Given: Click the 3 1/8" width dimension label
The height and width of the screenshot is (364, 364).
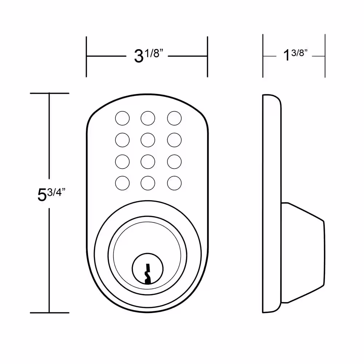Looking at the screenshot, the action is [x=149, y=56].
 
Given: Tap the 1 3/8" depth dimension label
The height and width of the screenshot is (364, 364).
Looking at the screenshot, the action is [x=295, y=55].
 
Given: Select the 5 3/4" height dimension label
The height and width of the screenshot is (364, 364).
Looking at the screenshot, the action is [x=51, y=194].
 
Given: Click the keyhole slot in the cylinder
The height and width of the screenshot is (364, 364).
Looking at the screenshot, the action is [x=147, y=274].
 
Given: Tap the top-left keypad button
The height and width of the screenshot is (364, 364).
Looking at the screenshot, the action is [x=122, y=118].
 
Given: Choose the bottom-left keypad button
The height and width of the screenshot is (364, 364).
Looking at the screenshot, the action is [x=122, y=183].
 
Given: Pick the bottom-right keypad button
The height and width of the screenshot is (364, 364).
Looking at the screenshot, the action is [x=174, y=183].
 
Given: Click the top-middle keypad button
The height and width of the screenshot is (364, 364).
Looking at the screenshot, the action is [x=148, y=118].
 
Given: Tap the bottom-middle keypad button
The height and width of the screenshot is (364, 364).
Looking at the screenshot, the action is [x=148, y=183].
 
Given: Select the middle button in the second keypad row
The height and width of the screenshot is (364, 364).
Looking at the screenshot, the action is [x=148, y=140].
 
